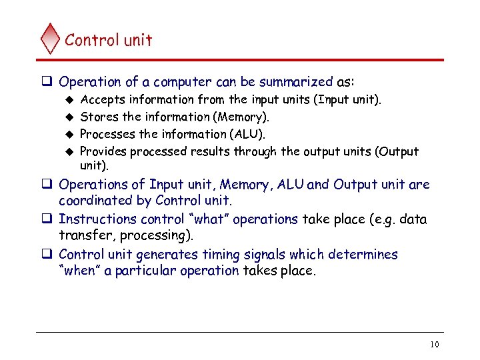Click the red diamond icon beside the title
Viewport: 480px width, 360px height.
click(50, 39)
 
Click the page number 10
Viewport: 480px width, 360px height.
click(435, 345)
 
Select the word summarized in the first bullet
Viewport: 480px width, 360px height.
click(299, 82)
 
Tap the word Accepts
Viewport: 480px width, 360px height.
click(101, 100)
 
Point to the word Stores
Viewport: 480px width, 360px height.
click(97, 117)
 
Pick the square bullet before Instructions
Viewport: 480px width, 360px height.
click(48, 219)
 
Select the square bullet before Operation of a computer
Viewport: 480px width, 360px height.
click(48, 82)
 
